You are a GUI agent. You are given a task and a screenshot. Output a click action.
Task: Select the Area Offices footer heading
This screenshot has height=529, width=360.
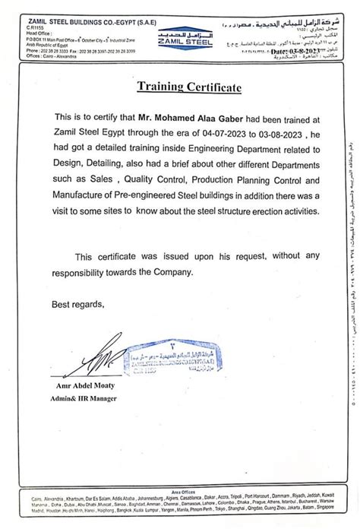coord(179,492)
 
